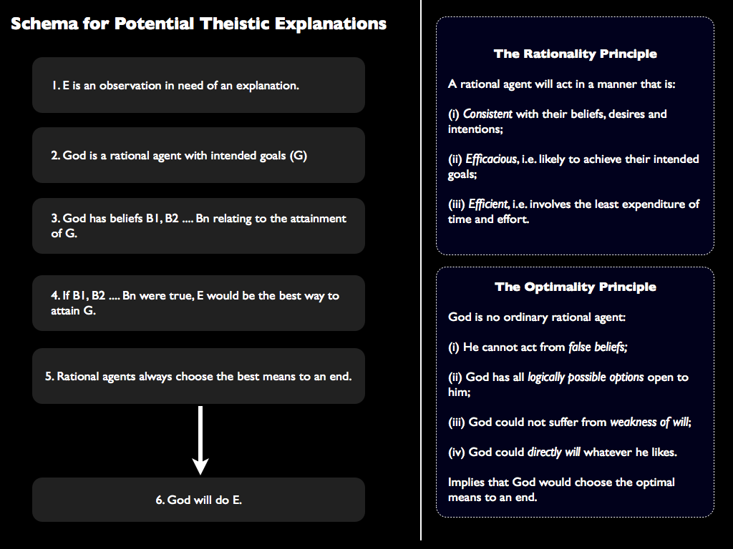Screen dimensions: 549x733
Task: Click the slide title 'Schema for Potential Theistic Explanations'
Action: click(x=198, y=24)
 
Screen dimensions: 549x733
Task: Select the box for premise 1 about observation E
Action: click(x=198, y=85)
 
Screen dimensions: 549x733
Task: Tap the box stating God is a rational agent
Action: click(x=198, y=155)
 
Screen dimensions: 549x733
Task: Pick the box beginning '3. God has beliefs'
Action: click(x=198, y=226)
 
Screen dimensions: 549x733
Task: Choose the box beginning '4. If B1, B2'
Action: click(x=198, y=303)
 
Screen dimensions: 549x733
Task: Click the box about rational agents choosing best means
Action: click(x=198, y=376)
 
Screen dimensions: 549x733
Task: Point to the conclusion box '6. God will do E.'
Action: click(x=198, y=500)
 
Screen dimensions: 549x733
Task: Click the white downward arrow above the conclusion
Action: click(x=200, y=440)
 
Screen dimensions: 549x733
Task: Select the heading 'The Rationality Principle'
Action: click(x=575, y=54)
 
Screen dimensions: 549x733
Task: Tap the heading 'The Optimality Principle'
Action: click(x=575, y=287)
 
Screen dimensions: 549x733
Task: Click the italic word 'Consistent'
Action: click(x=487, y=114)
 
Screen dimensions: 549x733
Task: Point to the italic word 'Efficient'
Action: click(x=488, y=204)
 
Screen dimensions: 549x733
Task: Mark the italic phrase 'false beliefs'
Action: click(x=598, y=347)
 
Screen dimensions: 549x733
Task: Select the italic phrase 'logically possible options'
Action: click(x=586, y=377)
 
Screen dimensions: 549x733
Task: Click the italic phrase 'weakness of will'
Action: click(x=649, y=422)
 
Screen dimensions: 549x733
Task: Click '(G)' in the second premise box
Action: click(x=298, y=155)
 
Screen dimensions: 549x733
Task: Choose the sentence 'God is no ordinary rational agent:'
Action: click(x=537, y=317)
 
